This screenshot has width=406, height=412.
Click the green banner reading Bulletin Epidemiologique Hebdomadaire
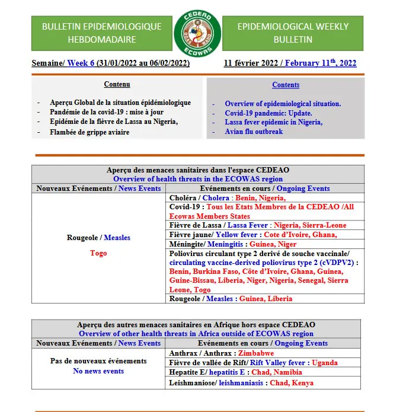(x=101, y=33)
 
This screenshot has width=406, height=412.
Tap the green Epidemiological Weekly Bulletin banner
(x=293, y=33)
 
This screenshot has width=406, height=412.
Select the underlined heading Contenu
(x=117, y=85)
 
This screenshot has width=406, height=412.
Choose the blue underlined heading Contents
(x=286, y=85)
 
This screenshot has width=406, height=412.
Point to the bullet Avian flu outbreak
(x=254, y=132)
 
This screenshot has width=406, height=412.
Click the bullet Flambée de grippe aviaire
(x=89, y=132)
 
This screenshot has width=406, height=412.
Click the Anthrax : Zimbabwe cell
(x=207, y=353)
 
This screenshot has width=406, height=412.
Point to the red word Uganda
(x=325, y=363)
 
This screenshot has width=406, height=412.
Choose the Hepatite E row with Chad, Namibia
(x=235, y=372)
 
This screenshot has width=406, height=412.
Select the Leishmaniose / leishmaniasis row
(x=241, y=383)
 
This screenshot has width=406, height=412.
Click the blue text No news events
(x=98, y=371)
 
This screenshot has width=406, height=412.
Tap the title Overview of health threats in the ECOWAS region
(x=197, y=178)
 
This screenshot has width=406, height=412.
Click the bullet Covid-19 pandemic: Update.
(x=268, y=113)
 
